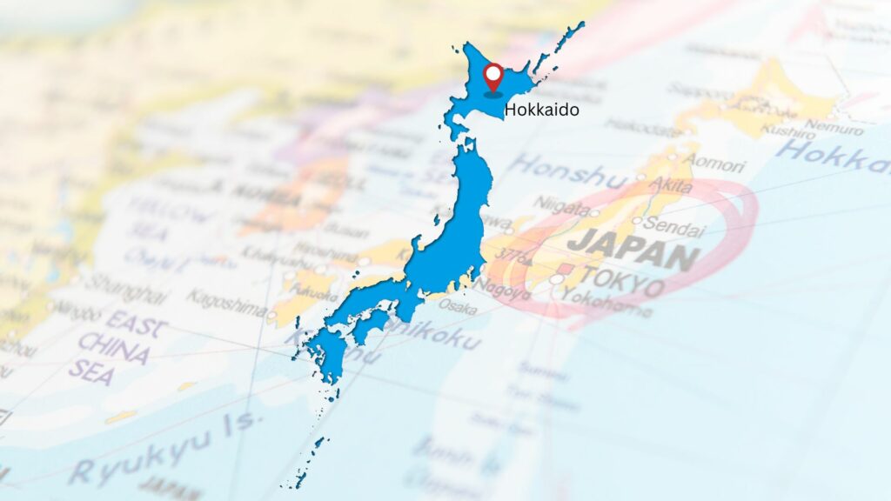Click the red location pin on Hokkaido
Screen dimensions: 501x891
[x=493, y=76]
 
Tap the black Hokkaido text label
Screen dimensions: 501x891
[x=541, y=110]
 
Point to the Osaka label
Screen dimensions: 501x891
[x=457, y=307]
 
